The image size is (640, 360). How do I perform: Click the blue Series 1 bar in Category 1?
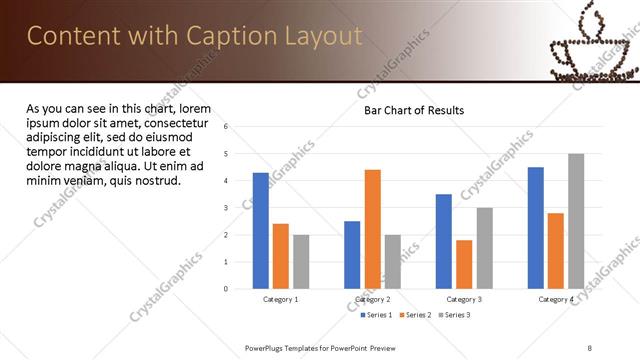coord(261,231)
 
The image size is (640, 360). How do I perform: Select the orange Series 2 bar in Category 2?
coord(372,229)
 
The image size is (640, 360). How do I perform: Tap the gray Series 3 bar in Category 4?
coord(576,221)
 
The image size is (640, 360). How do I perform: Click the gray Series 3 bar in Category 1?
coord(301,262)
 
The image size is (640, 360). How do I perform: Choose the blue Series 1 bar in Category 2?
coord(352,255)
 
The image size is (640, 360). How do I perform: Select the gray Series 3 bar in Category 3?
coord(484,248)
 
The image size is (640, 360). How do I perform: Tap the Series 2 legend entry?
coord(417,315)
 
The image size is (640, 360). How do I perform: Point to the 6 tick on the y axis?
coord(226,126)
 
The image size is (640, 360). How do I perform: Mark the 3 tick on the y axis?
coord(226,208)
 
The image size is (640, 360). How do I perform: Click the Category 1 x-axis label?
coord(281,299)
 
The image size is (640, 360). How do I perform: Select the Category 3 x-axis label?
coord(464,299)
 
